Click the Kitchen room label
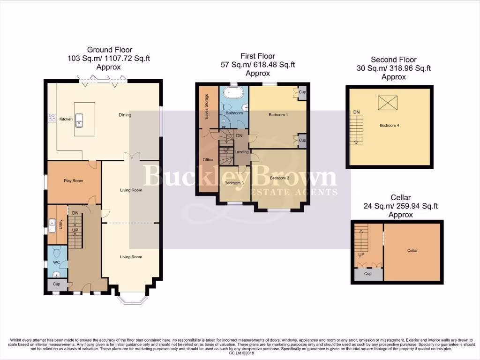[x=66, y=119]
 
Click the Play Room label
[x=73, y=180]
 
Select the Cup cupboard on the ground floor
[x=57, y=284]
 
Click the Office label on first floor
[x=208, y=160]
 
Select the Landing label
[x=241, y=152]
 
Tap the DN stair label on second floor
[x=356, y=112]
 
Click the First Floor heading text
[x=258, y=56]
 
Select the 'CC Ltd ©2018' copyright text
[x=240, y=353]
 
